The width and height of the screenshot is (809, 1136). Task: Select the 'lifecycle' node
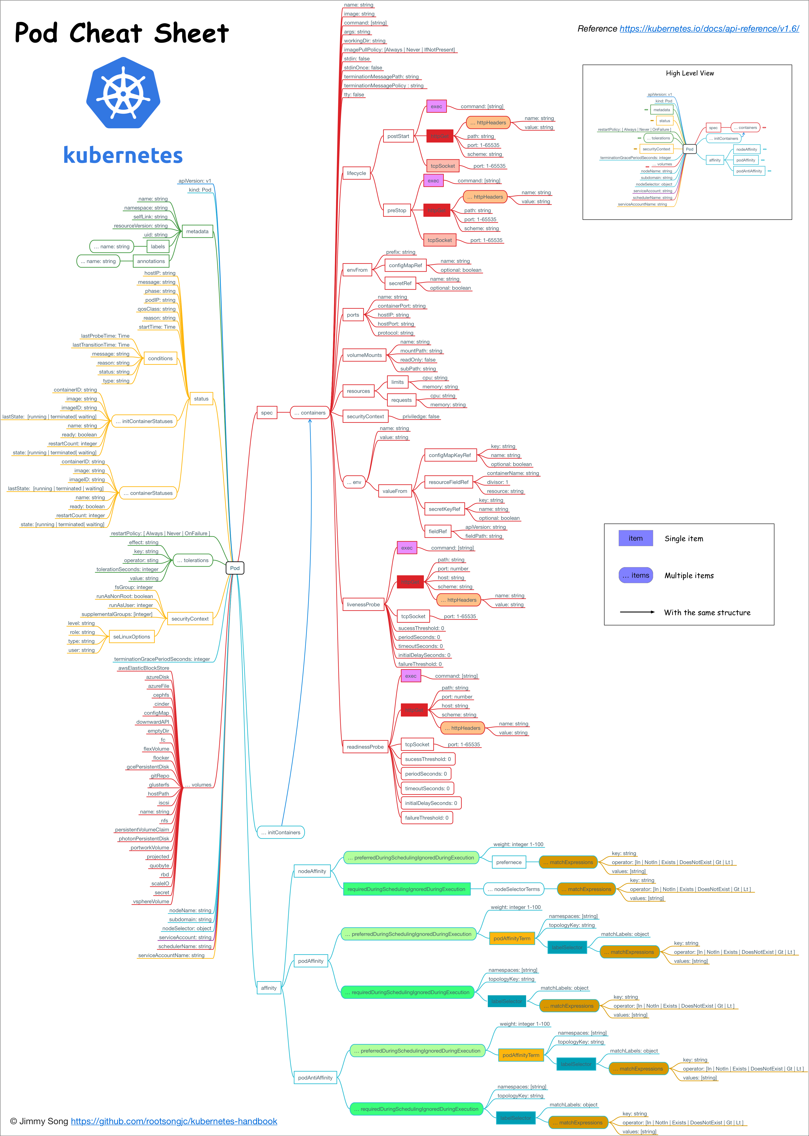click(x=356, y=173)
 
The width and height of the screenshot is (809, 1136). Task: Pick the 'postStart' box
click(x=398, y=136)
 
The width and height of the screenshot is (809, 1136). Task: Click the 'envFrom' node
click(x=357, y=270)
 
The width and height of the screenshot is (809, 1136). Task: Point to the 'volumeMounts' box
click(x=364, y=355)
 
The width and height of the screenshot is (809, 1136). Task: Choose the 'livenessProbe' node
click(x=363, y=604)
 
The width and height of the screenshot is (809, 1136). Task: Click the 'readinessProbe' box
click(x=365, y=747)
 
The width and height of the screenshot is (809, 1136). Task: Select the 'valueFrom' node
click(x=395, y=491)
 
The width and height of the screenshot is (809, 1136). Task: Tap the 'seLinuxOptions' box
click(x=132, y=637)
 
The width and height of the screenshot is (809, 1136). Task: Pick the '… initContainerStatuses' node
click(x=144, y=422)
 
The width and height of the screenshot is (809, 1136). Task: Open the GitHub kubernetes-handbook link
click(x=174, y=1121)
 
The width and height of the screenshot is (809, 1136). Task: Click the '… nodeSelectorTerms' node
click(x=514, y=889)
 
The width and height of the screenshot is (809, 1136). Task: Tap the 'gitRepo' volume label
click(x=160, y=776)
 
